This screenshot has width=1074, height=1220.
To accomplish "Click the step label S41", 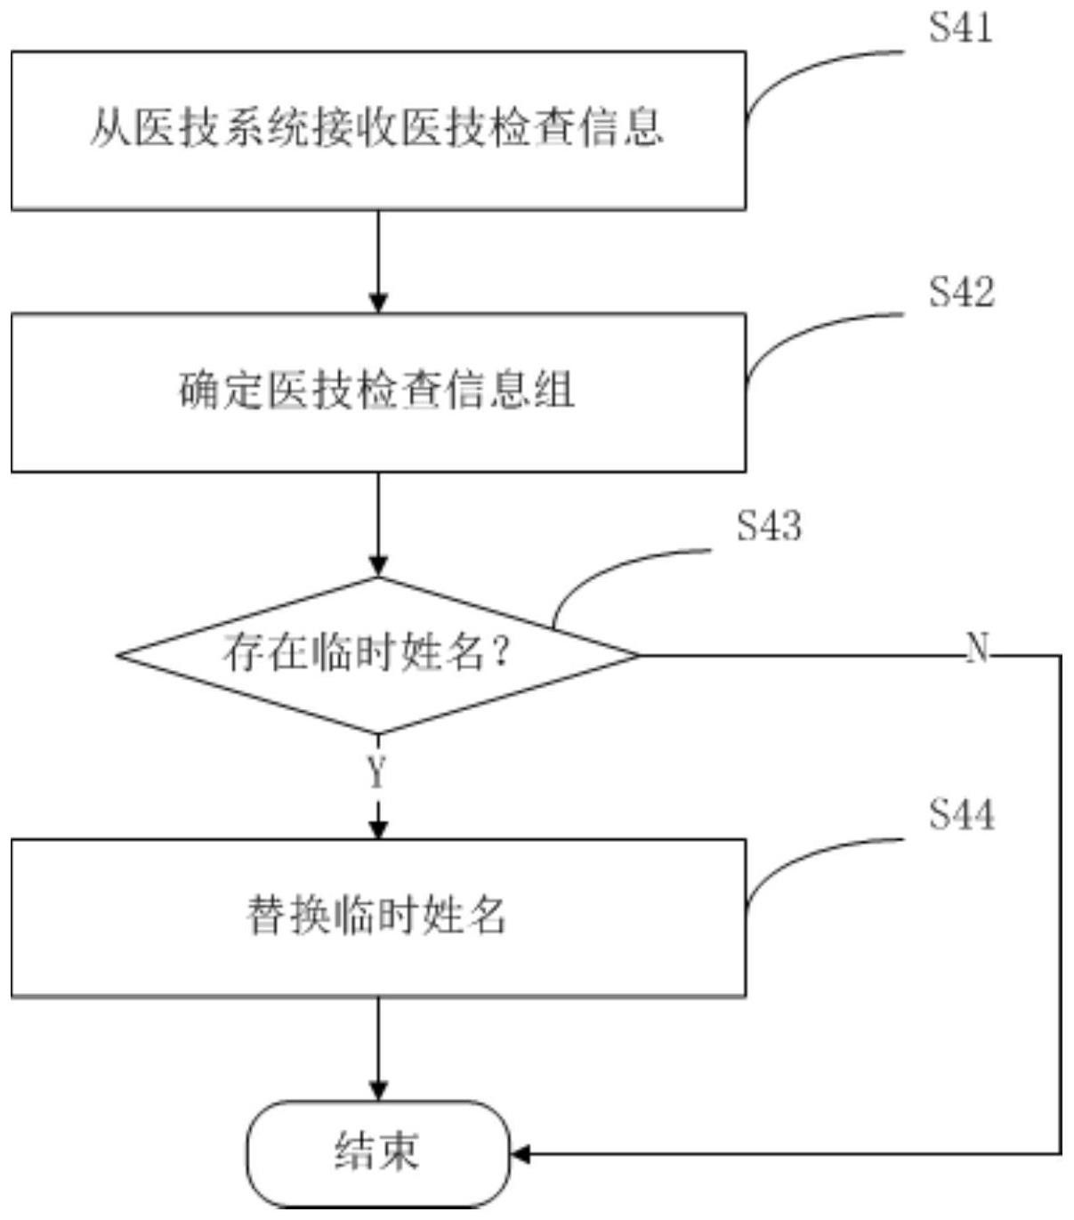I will coord(960,28).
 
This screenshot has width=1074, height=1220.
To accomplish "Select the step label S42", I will coord(961,292).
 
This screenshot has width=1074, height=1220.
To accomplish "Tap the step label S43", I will coord(769,525).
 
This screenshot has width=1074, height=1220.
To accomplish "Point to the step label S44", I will coord(961,814).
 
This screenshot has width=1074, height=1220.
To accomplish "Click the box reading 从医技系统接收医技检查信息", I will coord(378,130).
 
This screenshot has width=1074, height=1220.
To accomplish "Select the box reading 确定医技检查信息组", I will coord(378,392).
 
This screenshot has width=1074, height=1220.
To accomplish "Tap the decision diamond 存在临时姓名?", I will coord(378,655).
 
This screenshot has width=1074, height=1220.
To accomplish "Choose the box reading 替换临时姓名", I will coord(378,917).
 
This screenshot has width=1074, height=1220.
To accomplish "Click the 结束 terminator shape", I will coord(378,1153).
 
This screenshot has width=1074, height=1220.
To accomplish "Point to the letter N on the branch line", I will coord(977,648).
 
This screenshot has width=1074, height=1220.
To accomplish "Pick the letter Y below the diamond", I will coord(377,772).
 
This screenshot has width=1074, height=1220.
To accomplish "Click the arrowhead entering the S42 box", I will coord(378,303).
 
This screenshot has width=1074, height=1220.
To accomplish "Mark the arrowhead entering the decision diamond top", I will coord(378,566).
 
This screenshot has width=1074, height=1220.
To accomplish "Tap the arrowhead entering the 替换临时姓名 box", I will coord(378,828).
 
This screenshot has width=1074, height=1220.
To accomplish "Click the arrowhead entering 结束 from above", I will coord(378,1091).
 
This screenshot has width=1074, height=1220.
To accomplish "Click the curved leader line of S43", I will coord(605,570).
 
